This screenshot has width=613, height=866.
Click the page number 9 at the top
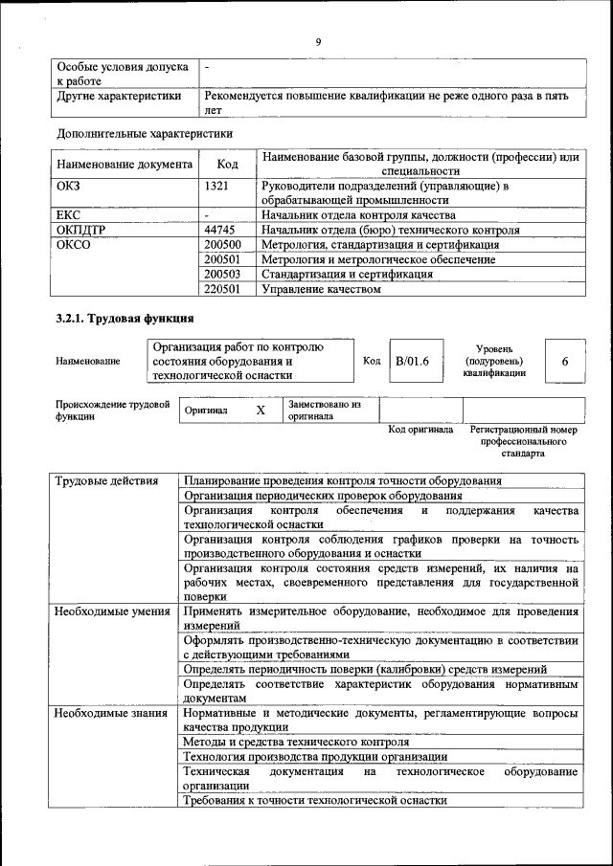tap(317, 41)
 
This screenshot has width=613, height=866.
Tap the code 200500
tap(222, 245)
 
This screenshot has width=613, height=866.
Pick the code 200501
tap(222, 259)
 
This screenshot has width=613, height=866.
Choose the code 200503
tap(222, 274)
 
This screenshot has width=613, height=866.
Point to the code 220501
tap(222, 289)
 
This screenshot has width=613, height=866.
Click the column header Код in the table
tap(227, 164)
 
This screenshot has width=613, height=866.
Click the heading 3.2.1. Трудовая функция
tap(125, 319)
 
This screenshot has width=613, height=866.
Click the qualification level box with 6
tap(565, 361)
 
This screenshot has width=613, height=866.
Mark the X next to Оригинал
tap(260, 410)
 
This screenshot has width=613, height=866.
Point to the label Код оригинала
tap(420, 431)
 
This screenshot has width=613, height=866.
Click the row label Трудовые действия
tap(106, 481)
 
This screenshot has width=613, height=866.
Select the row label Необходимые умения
tap(112, 611)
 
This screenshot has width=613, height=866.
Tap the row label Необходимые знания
tap(112, 714)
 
